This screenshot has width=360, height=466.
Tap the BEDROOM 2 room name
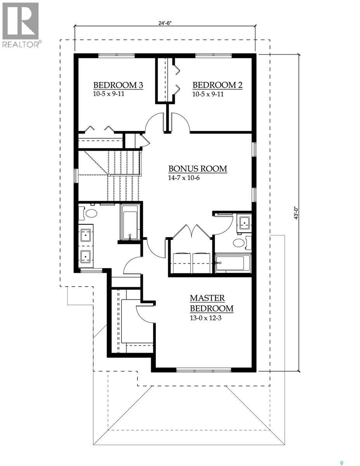coord(217,85)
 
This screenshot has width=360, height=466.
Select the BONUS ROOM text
coord(197,169)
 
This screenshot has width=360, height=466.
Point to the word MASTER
coord(207,298)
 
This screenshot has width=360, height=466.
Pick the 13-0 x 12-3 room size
coord(206,317)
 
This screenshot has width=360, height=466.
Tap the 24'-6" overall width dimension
coord(165,23)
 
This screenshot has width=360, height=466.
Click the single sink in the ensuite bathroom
coord(244,223)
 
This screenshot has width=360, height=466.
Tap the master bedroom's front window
coord(203,370)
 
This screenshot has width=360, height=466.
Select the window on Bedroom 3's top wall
coord(116,56)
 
